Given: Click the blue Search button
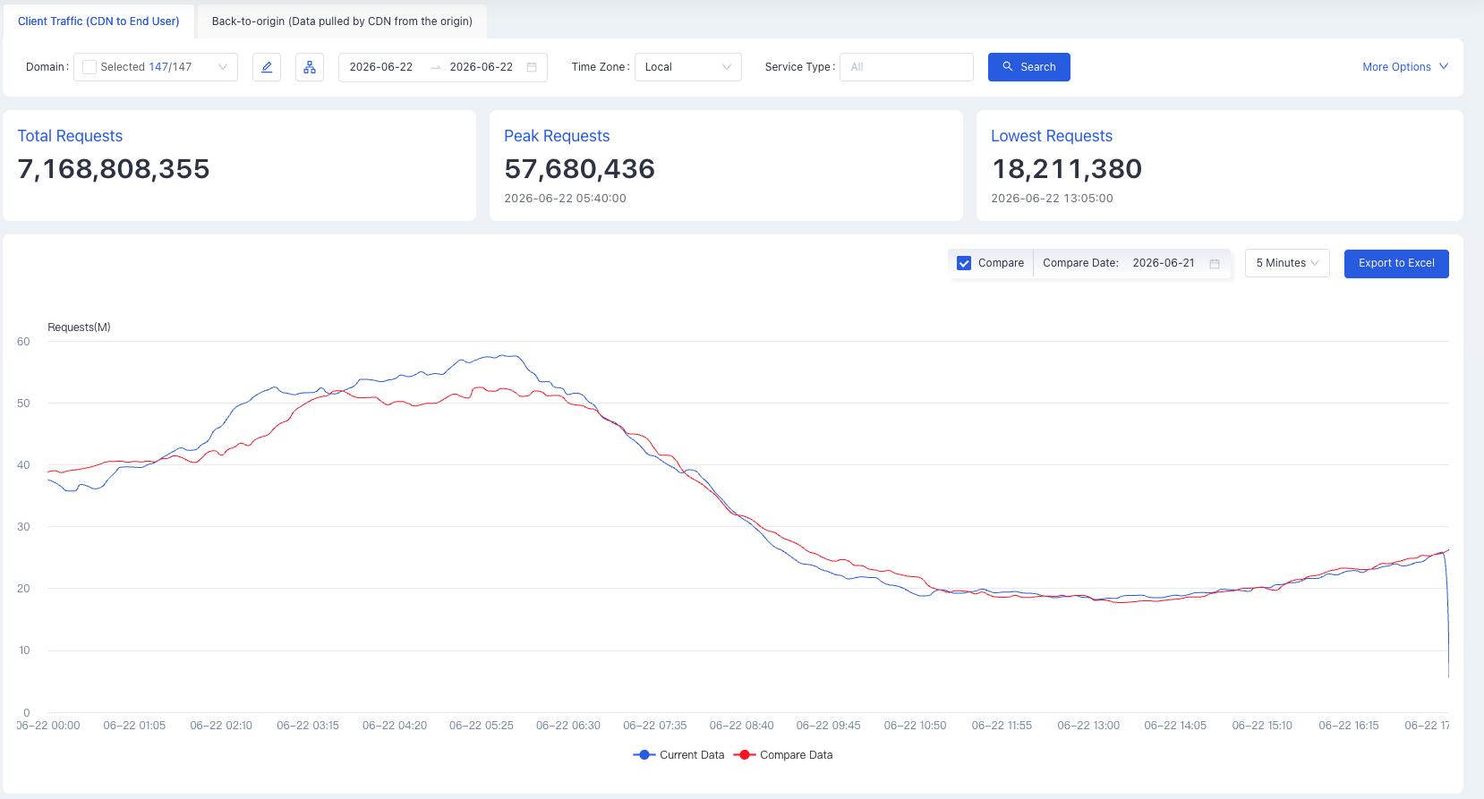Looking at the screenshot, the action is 1028,67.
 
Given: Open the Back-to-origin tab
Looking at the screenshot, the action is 342,21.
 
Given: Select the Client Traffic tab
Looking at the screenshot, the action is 98,21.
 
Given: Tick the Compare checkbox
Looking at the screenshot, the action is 964,263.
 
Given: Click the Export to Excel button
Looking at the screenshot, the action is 1396,263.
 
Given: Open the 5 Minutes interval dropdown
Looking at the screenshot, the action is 1286,263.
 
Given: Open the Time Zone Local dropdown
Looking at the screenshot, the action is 687,67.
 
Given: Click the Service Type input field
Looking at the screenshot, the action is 907,67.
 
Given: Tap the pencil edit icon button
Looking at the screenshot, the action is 267,67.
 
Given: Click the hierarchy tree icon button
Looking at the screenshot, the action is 310,67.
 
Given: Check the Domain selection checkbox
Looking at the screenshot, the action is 90,67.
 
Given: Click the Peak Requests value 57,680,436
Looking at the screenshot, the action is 579,169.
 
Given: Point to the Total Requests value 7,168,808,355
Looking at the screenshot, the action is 114,169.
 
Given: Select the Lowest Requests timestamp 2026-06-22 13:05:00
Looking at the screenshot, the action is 1052,198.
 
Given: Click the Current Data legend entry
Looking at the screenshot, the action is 678,754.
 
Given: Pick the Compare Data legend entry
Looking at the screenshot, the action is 783,754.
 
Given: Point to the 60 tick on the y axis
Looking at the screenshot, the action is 24,342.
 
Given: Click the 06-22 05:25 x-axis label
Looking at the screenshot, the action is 481,726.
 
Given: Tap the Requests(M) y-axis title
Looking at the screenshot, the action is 79,327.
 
